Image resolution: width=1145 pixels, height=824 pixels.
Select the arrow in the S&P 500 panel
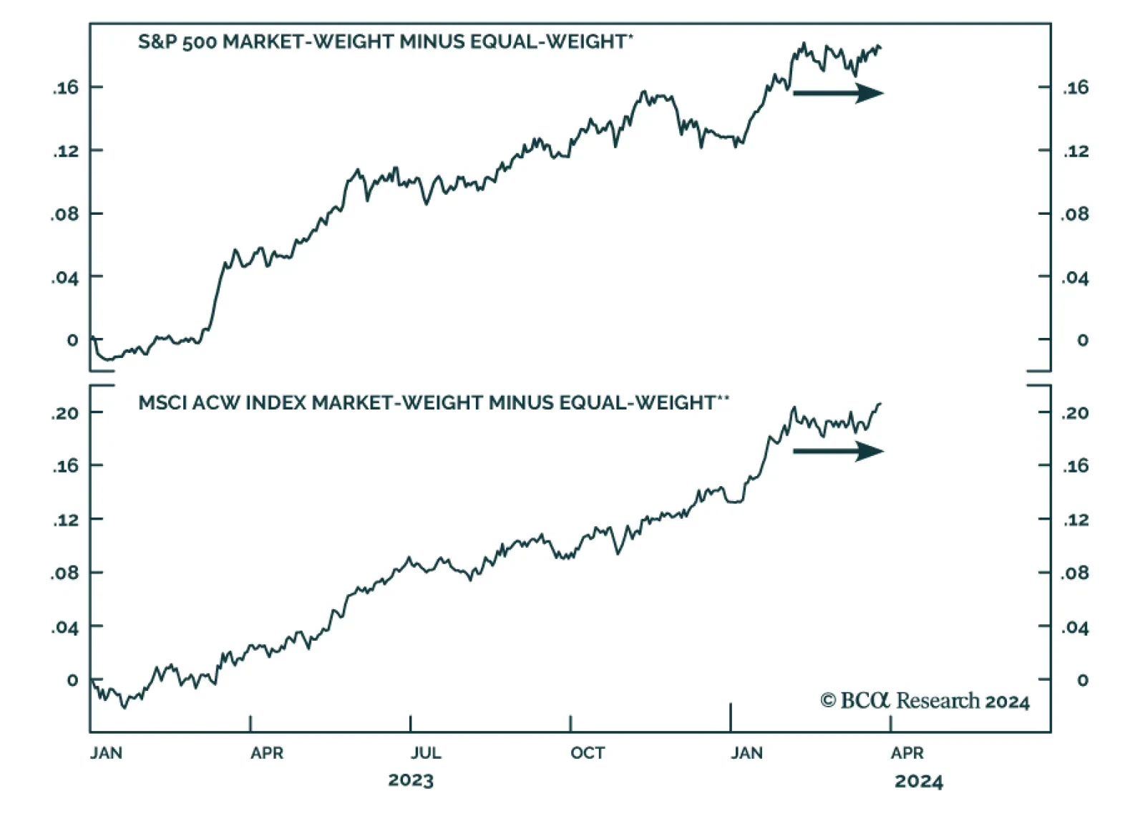(838, 93)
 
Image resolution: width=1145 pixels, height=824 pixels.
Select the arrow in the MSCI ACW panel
(838, 451)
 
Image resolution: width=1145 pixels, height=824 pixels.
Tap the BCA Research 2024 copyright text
(925, 701)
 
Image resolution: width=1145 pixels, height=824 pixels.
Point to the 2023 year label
(411, 780)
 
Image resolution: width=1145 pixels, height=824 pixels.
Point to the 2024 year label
(918, 781)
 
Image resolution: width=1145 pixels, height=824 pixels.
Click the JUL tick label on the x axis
(425, 753)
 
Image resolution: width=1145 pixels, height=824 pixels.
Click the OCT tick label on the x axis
(588, 753)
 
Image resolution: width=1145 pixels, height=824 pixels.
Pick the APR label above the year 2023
(267, 753)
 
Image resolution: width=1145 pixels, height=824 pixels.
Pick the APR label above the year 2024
(907, 753)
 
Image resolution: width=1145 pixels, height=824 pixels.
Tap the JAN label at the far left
(106, 753)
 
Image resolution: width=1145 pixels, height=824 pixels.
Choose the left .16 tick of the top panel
(66, 88)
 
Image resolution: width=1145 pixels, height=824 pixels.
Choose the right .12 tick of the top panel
(1075, 151)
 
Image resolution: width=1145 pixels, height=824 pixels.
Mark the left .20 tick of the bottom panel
(66, 413)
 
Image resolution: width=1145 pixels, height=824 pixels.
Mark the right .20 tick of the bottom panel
(1075, 413)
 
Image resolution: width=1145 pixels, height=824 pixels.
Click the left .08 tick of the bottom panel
(66, 573)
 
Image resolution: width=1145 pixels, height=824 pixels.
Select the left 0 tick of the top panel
(72, 340)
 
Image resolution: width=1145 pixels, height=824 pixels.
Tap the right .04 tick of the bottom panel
(1075, 628)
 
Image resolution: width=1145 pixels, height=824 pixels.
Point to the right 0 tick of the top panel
(1082, 340)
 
